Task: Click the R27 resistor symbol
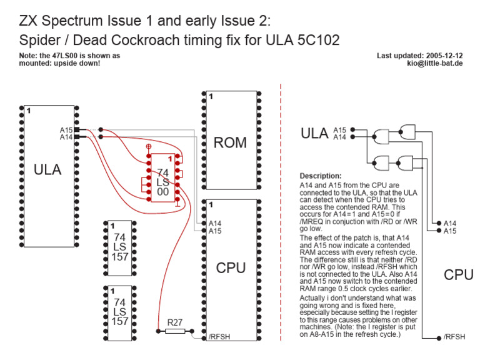175,331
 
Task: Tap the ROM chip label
230,142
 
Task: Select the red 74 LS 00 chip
162,178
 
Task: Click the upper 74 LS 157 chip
119,247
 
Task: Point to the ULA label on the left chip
47,169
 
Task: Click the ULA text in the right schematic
315,133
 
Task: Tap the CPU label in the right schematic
458,274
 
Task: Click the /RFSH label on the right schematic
454,337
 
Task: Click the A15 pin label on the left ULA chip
66,130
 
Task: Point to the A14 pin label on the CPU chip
215,223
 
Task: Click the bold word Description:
321,176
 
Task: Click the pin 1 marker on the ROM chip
211,97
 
